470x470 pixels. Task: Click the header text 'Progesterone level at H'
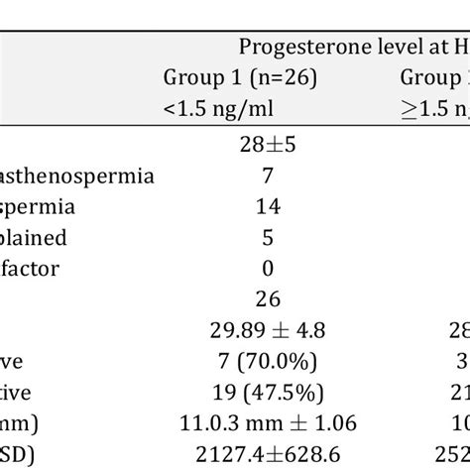click(x=352, y=46)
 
